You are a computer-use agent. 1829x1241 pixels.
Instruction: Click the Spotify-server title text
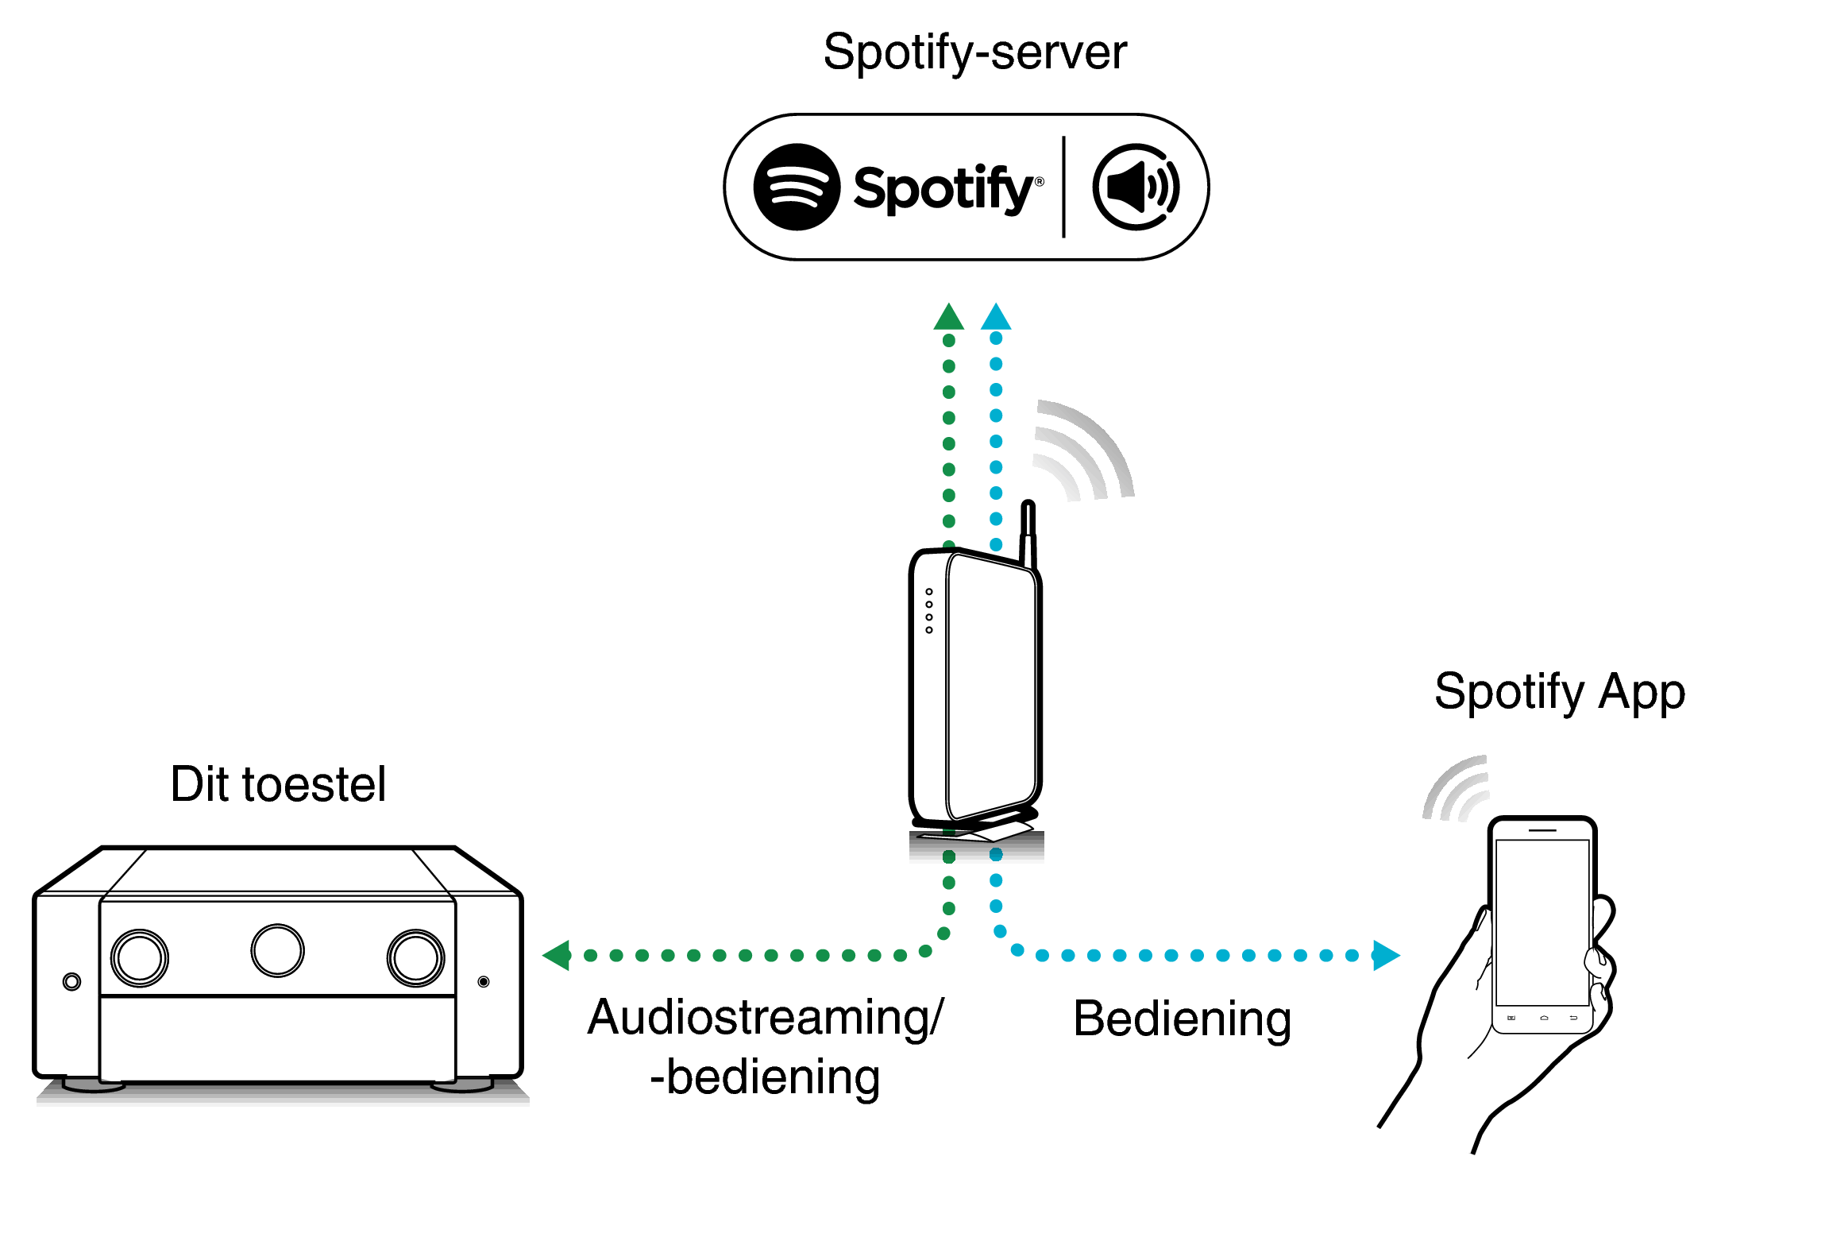tap(974, 53)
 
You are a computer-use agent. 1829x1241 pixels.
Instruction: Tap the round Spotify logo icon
tap(796, 188)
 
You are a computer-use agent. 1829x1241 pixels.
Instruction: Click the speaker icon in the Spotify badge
tap(1136, 188)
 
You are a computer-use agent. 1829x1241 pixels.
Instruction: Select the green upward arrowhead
tap(948, 318)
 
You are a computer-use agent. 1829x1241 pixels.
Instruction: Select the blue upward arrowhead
tap(996, 318)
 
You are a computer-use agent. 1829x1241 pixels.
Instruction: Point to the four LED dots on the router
tap(928, 611)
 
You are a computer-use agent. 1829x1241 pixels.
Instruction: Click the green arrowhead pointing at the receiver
tap(558, 955)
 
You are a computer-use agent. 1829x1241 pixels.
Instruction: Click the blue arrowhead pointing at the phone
tap(1385, 955)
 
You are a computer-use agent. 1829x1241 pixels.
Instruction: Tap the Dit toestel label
tap(278, 785)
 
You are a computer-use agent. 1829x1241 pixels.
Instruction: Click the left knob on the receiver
tap(140, 957)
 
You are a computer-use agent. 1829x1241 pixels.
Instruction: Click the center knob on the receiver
tap(277, 950)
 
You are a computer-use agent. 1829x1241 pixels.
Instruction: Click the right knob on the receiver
tap(415, 957)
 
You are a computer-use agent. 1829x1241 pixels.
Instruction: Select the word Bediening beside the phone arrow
tap(1182, 1019)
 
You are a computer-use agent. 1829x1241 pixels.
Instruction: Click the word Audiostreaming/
tap(765, 1018)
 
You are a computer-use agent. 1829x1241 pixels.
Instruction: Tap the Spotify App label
tap(1559, 692)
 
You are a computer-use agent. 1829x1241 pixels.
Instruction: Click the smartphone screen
tap(1542, 922)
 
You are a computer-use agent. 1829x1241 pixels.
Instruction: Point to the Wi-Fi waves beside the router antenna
tap(1084, 453)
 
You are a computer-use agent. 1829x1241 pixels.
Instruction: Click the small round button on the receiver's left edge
tap(71, 981)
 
